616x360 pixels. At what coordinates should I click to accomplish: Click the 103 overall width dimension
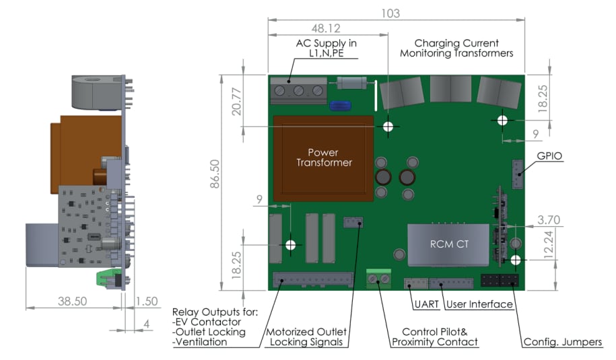pos(390,13)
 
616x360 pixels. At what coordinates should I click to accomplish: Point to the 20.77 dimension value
pos(236,101)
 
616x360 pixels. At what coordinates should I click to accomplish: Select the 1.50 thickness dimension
pos(147,301)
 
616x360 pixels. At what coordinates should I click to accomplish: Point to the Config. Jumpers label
pos(563,342)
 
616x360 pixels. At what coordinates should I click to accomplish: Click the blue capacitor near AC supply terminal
pos(338,105)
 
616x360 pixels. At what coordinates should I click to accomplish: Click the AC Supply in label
pos(327,48)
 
